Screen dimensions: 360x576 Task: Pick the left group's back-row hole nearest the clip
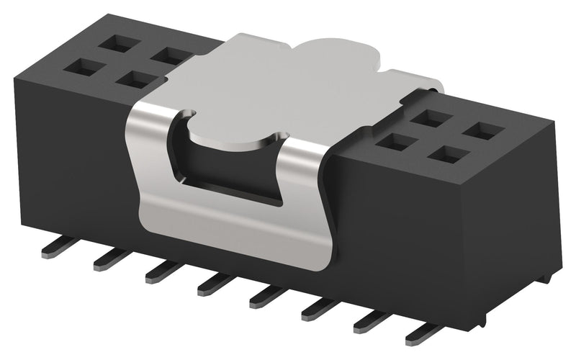point(170,55)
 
